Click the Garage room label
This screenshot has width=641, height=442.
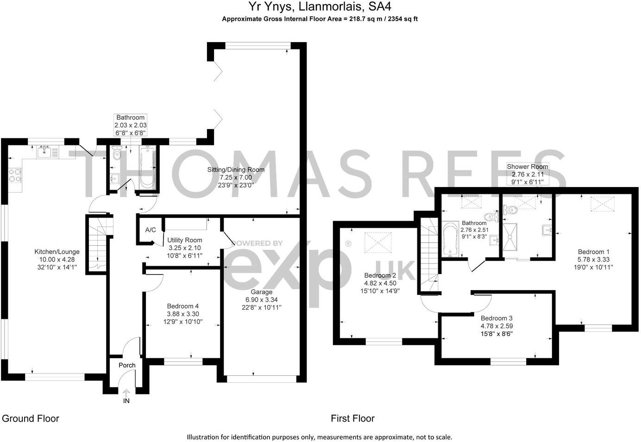coord(261,292)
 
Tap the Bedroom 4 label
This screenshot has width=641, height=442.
coord(183,306)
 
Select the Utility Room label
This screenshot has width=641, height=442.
coord(185,240)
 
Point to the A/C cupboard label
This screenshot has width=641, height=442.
coord(151,230)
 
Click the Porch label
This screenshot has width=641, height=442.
coord(127,365)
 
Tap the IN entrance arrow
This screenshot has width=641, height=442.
coord(126,394)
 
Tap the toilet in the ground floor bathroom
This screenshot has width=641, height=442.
coord(116,154)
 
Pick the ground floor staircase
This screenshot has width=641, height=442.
coord(98,245)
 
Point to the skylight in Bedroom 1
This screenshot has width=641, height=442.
coord(600,204)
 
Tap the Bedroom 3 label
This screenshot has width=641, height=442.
coord(496,318)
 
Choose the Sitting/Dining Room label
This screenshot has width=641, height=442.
coord(236,170)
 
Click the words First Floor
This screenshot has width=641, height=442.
coord(352,418)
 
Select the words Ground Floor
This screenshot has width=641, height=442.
coord(31,418)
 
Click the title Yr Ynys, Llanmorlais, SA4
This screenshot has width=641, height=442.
coord(320,6)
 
